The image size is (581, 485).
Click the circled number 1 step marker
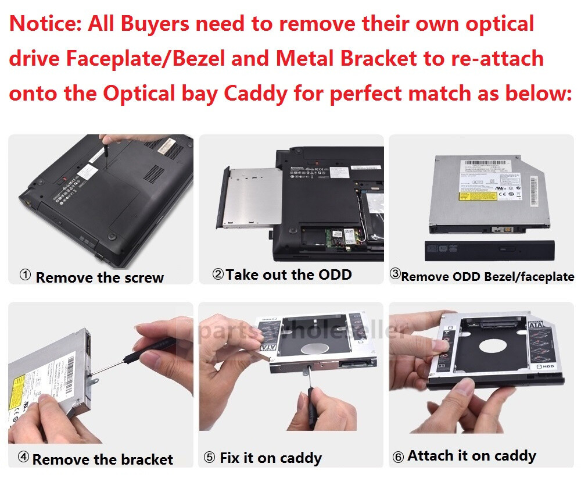click(25, 276)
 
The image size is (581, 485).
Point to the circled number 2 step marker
click(218, 274)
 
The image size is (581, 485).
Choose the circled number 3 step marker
click(394, 274)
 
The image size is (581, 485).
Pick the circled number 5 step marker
click(209, 458)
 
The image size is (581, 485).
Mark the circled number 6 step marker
click(398, 457)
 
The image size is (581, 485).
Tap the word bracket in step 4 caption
click(145, 459)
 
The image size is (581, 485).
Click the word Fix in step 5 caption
click(230, 458)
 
